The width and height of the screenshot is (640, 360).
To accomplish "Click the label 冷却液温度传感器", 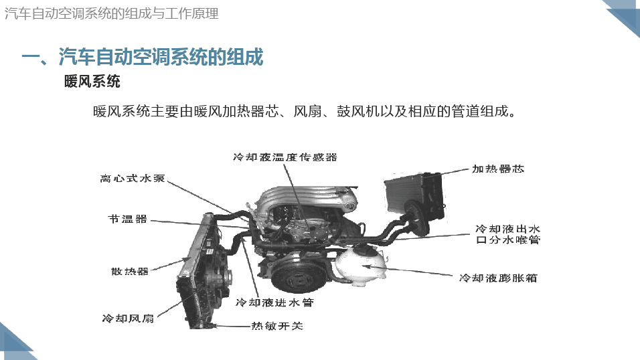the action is click(285, 157).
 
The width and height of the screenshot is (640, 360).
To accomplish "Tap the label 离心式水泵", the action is click(133, 179).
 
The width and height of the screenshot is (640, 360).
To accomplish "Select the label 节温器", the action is click(127, 219).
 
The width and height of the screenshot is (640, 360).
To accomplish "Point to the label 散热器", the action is click(129, 272).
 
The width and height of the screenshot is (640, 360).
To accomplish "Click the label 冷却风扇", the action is click(128, 319).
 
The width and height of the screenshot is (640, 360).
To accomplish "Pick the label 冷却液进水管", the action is click(274, 302).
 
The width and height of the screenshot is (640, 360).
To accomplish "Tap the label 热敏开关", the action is click(277, 326).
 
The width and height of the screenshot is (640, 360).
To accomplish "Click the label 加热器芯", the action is click(498, 169).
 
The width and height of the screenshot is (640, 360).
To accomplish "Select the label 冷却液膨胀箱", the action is click(498, 278).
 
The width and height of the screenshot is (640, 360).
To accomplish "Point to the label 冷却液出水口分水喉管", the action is click(507, 234).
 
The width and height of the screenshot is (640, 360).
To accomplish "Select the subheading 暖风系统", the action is click(92, 82).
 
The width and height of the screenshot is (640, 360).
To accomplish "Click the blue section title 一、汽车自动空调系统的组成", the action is click(143, 57).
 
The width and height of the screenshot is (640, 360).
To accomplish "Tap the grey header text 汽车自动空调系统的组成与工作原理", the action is click(111, 13).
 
